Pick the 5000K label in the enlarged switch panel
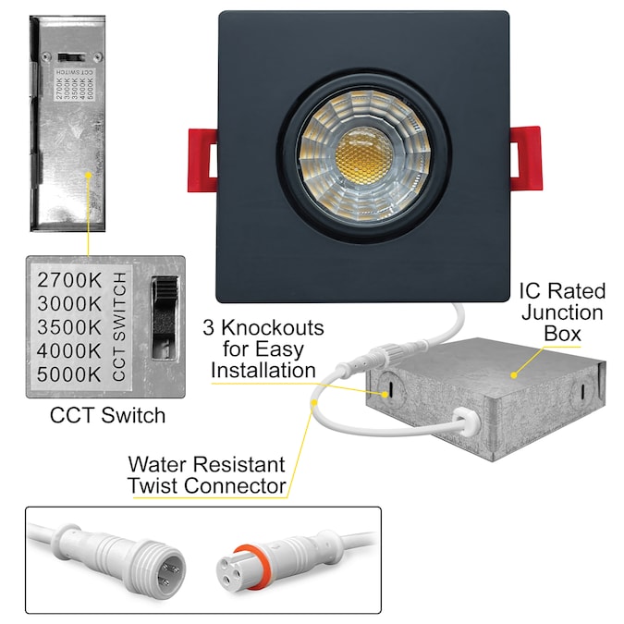(68, 373)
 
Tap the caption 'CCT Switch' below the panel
(108, 415)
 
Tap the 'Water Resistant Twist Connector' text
(205, 473)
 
